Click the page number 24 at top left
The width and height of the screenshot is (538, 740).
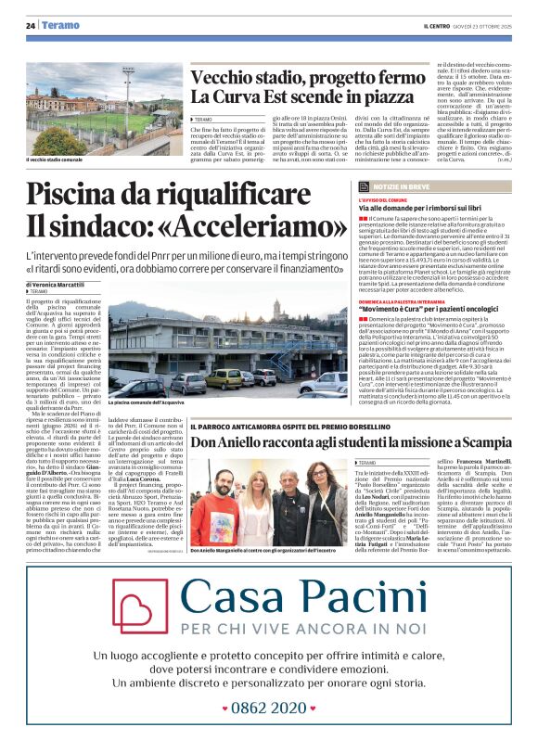tap(31, 26)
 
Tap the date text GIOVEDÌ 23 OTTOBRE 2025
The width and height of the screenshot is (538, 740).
tap(482, 26)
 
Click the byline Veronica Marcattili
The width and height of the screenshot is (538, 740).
tap(58, 284)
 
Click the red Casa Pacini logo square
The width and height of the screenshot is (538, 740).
tap(140, 606)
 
